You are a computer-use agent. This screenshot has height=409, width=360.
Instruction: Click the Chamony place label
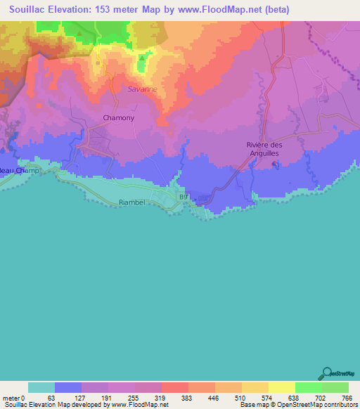click(x=118, y=117)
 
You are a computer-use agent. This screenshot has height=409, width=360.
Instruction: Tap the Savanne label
click(x=143, y=89)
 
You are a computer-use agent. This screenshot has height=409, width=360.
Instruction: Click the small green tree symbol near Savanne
click(x=142, y=58)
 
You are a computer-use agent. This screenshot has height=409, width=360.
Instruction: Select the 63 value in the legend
click(x=51, y=397)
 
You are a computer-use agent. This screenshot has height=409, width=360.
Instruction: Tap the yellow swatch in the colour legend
click(x=281, y=387)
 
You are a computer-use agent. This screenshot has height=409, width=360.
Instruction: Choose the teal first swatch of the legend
click(x=41, y=387)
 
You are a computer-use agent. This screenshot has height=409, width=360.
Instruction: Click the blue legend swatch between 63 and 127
click(x=68, y=387)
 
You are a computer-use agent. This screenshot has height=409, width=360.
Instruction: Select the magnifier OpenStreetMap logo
click(x=326, y=373)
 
